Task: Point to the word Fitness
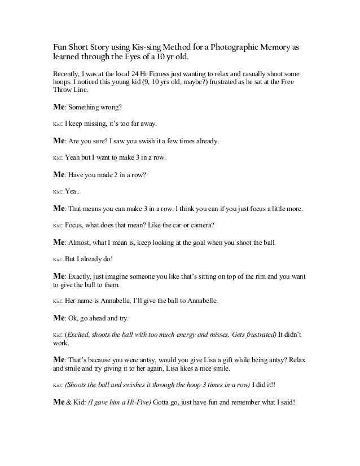point(169,74)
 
